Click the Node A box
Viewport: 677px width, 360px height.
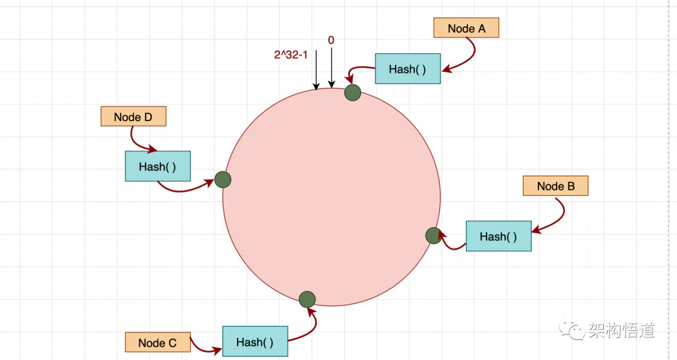click(466, 28)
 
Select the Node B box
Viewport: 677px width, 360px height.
click(555, 186)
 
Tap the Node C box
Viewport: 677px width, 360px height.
click(157, 342)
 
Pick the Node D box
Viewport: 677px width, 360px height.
click(133, 117)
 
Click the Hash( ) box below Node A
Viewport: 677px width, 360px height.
click(407, 69)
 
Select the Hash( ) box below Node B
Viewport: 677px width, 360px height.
click(498, 236)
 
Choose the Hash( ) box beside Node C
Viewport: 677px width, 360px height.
click(255, 342)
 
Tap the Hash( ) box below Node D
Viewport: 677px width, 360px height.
click(157, 167)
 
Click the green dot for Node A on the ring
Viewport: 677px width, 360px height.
click(353, 93)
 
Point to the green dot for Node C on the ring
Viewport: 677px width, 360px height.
click(307, 300)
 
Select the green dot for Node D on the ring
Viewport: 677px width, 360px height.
click(223, 180)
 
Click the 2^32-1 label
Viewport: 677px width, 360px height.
click(291, 55)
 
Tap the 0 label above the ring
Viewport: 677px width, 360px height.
click(331, 40)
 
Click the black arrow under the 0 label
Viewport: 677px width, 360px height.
click(332, 68)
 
